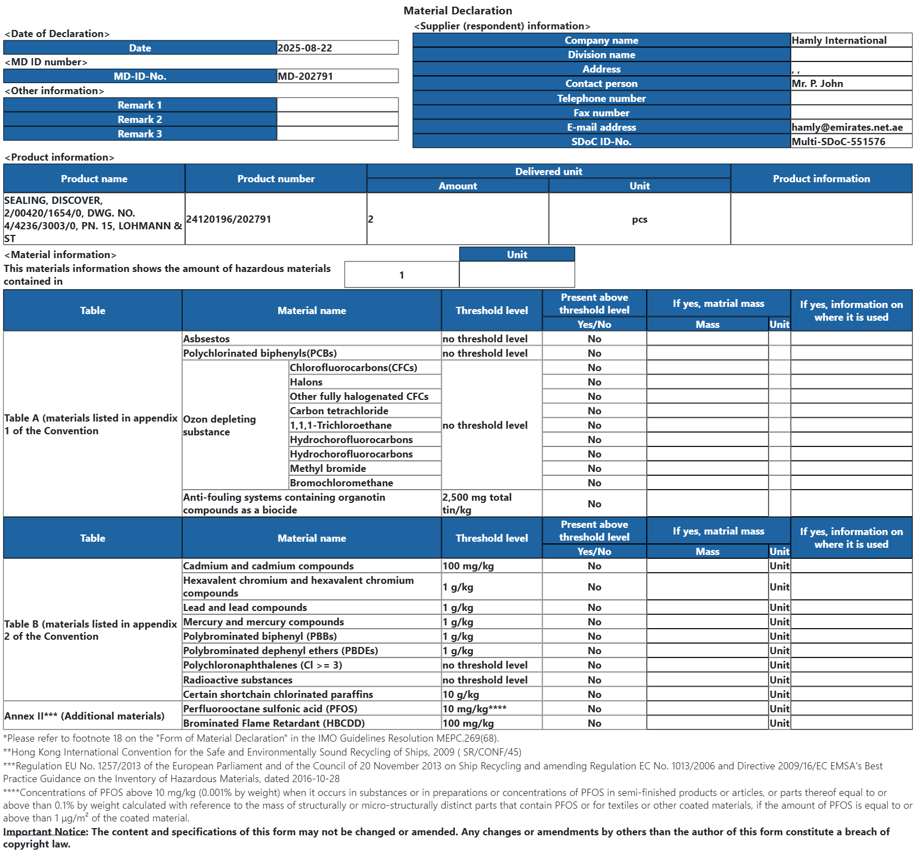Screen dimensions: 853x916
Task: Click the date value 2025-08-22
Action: pyautogui.click(x=305, y=48)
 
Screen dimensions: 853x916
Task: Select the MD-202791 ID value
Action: pyautogui.click(x=305, y=76)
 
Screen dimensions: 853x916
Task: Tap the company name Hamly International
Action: pyautogui.click(x=839, y=40)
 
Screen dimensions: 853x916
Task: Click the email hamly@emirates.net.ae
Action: pyautogui.click(x=847, y=127)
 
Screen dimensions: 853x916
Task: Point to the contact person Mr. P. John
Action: pyautogui.click(x=817, y=84)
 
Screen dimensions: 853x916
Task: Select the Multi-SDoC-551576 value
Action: pyautogui.click(x=838, y=142)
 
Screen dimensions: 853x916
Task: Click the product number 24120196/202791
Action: pyautogui.click(x=229, y=219)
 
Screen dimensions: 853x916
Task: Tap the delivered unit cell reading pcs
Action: pyautogui.click(x=639, y=219)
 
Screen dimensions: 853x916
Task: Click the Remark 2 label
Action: pyautogui.click(x=140, y=120)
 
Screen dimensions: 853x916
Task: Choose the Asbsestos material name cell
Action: pyautogui.click(x=207, y=339)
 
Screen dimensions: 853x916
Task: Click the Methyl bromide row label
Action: pyautogui.click(x=328, y=469)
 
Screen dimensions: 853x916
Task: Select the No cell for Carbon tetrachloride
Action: pyautogui.click(x=594, y=411)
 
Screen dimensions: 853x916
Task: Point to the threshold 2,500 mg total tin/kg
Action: pyautogui.click(x=477, y=503)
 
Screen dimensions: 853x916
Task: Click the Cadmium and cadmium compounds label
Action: pyautogui.click(x=268, y=566)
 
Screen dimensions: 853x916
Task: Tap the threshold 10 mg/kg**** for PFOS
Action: pyautogui.click(x=474, y=709)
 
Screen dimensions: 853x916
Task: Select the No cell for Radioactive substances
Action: pyautogui.click(x=594, y=680)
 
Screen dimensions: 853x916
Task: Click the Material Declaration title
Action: pyautogui.click(x=458, y=11)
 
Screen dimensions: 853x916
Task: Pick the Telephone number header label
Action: pyautogui.click(x=601, y=99)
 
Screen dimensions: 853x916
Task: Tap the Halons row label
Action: pyautogui.click(x=306, y=382)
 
